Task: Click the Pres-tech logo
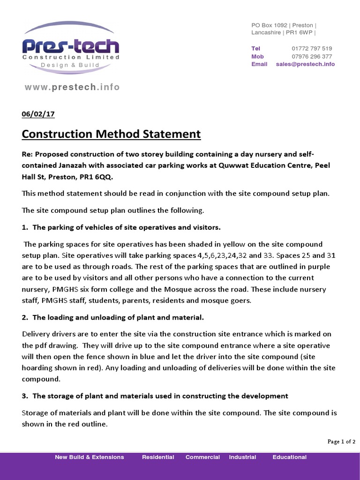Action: [x=71, y=47]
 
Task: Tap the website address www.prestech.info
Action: [x=72, y=87]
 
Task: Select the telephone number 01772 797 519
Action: [x=312, y=48]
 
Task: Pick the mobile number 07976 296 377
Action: [x=312, y=56]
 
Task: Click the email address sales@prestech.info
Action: [x=305, y=64]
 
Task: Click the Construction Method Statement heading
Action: [x=111, y=134]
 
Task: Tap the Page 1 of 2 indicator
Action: [x=341, y=442]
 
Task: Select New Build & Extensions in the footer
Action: [x=90, y=457]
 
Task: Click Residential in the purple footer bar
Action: [x=158, y=457]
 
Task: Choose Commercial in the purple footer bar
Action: [x=202, y=457]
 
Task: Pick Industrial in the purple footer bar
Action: [x=242, y=457]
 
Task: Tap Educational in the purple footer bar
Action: [x=289, y=457]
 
